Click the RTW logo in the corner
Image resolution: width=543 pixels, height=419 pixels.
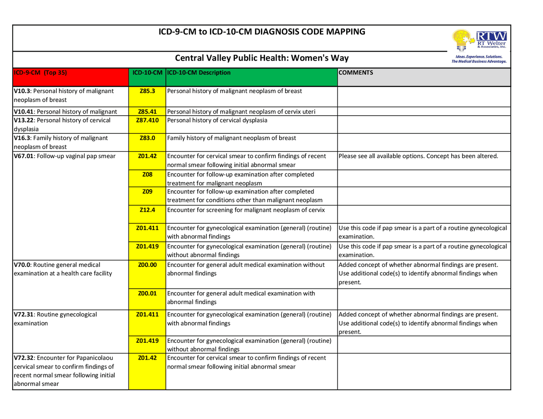(x=479, y=46)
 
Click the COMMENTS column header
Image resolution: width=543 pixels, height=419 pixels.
(x=356, y=73)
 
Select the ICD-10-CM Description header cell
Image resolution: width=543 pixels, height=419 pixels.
(x=199, y=73)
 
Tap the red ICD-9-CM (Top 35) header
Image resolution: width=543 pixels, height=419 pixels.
(x=40, y=73)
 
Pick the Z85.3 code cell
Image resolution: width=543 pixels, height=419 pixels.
(x=147, y=91)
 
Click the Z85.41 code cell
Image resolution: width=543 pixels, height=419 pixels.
(x=147, y=112)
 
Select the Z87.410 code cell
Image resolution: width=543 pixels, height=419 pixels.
(x=147, y=120)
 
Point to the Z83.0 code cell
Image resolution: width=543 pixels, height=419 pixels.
(x=147, y=138)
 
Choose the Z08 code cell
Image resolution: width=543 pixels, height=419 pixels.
(x=147, y=175)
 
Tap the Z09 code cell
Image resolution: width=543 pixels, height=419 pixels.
(x=147, y=191)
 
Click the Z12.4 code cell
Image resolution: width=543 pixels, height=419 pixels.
(x=147, y=210)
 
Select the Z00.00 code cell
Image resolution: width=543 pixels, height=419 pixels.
(x=147, y=265)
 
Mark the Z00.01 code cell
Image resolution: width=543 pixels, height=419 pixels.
(x=147, y=294)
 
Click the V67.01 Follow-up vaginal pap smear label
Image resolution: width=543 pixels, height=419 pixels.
(x=64, y=156)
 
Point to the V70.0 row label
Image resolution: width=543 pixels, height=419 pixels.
(x=63, y=269)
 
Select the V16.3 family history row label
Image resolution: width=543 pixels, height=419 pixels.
(x=61, y=142)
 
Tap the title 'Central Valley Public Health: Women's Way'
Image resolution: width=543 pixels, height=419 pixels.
(x=262, y=58)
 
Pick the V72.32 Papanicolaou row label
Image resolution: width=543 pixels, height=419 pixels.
(x=64, y=371)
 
